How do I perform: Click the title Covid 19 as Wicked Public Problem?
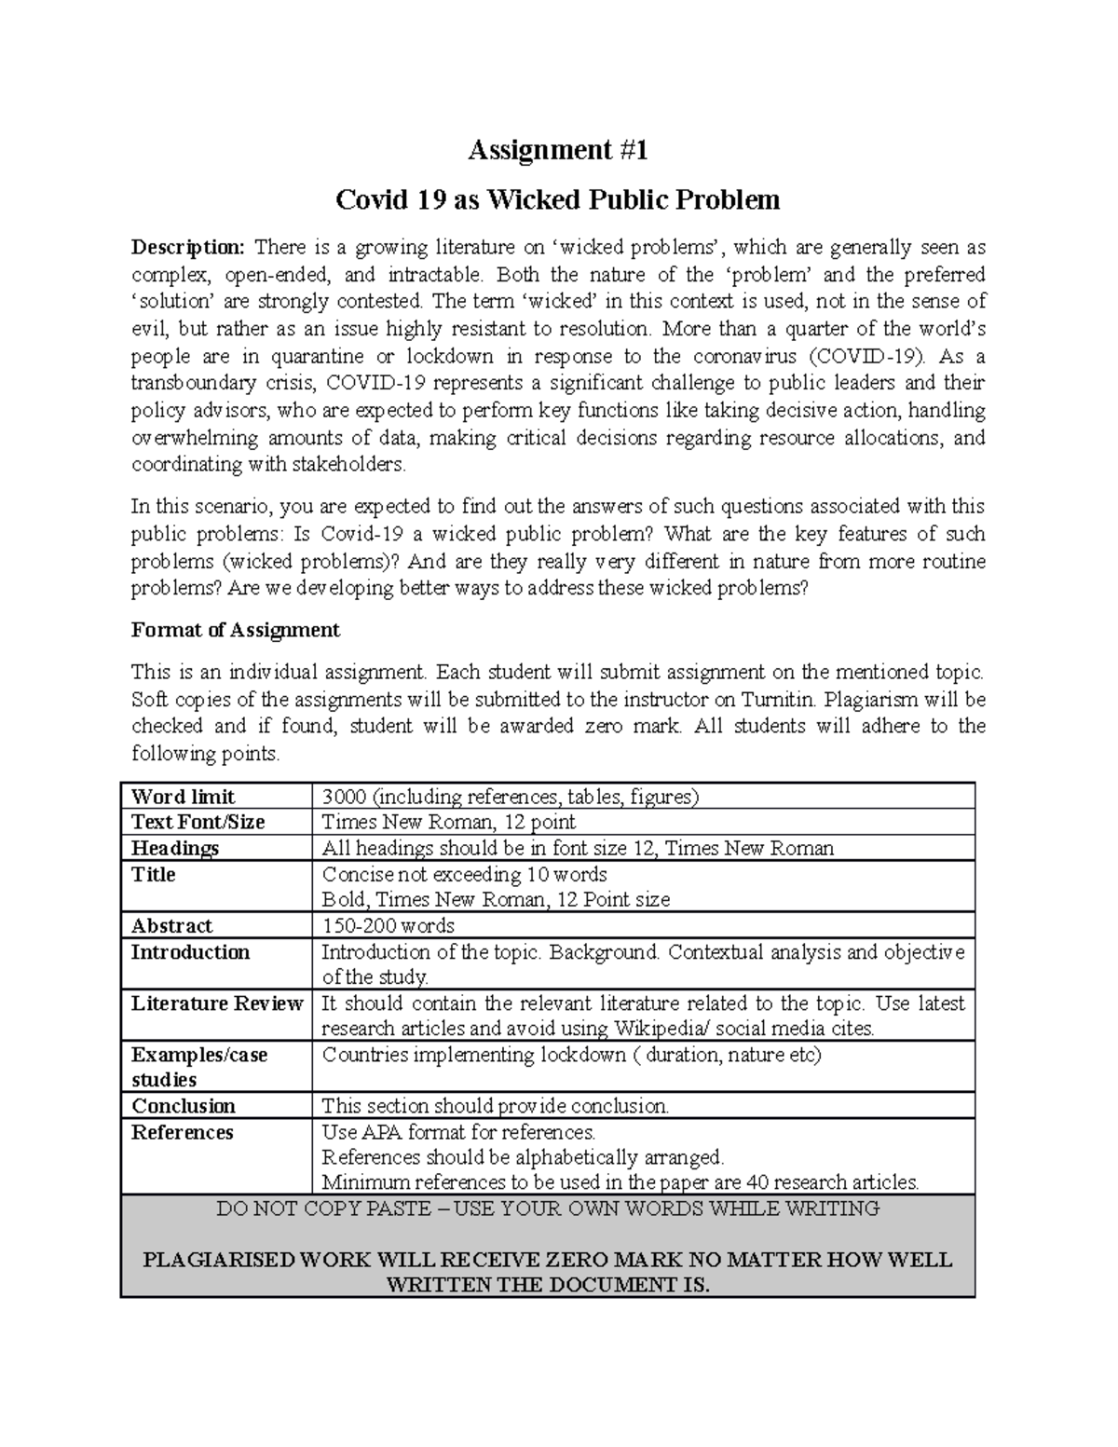pos(557,199)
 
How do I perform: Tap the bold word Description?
pos(188,248)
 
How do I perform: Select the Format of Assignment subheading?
pos(235,630)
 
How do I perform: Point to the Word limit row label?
pos(183,797)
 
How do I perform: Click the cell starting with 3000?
pos(510,797)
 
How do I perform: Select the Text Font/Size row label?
pos(198,822)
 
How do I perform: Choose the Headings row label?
pos(175,848)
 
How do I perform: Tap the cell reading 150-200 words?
pos(388,925)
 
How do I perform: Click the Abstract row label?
pos(171,925)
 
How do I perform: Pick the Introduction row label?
pos(190,952)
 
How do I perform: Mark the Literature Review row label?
pos(217,1003)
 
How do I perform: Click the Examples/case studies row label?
pos(199,1067)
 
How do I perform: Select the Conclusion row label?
pos(184,1106)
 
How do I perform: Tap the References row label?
pos(182,1132)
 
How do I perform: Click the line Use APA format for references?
pos(458,1132)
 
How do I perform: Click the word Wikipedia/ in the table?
pos(660,1029)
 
